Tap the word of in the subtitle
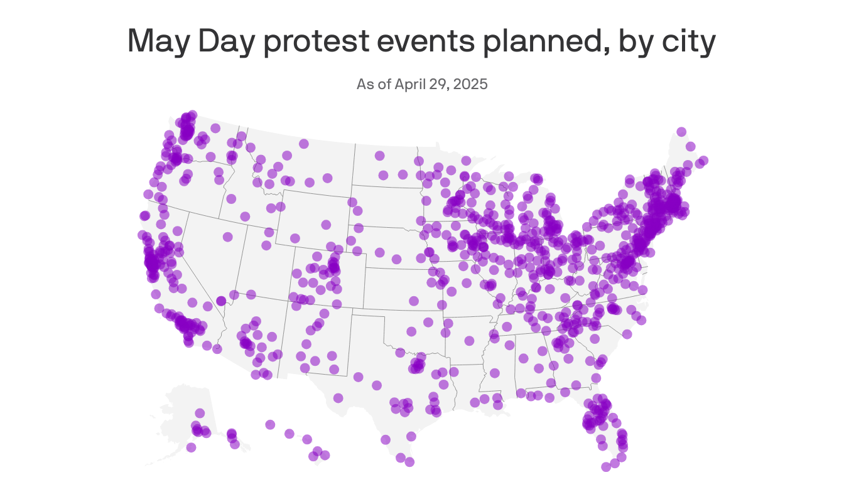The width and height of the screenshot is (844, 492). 384,84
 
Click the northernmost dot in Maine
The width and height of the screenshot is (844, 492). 681,131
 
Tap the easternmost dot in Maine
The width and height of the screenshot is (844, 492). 703,161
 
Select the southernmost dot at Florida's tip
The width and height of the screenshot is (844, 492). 606,466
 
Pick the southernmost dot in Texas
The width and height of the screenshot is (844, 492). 409,462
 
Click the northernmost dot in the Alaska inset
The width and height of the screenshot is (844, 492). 200,413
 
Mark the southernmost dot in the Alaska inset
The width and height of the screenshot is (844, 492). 191,447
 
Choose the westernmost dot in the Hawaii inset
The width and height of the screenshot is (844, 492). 270,425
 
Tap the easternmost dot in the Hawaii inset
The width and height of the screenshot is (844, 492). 325,455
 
